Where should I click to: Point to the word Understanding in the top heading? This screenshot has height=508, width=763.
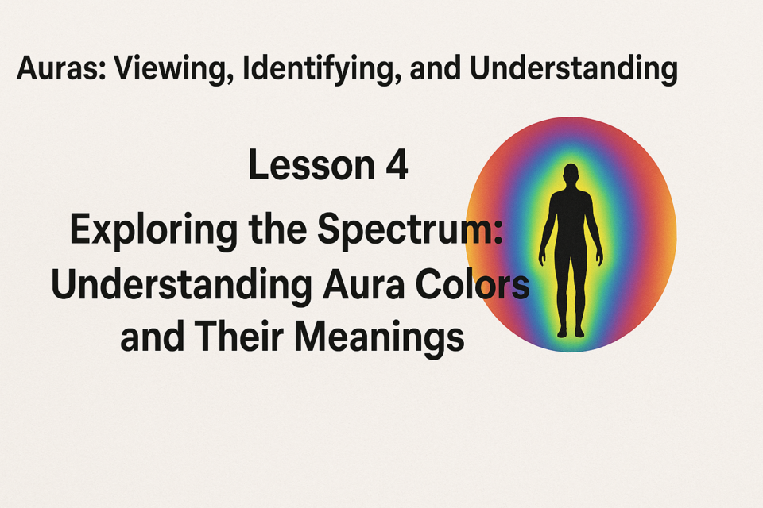point(573,68)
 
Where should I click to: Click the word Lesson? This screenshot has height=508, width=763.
point(312,165)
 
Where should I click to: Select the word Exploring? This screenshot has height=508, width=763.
point(154,229)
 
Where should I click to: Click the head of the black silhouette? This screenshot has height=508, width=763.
point(571,174)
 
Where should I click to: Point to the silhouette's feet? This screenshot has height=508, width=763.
point(571,333)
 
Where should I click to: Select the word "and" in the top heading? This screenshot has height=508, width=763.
point(435,68)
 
